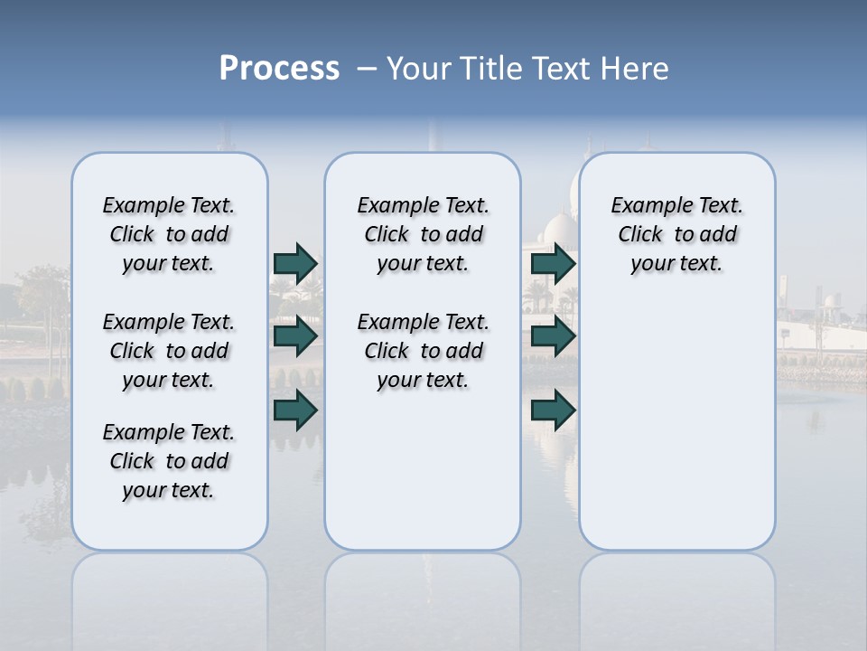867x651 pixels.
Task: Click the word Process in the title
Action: (279, 69)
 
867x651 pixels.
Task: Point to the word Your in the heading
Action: (420, 69)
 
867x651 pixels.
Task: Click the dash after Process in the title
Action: (366, 70)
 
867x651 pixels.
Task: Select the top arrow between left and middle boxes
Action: (295, 263)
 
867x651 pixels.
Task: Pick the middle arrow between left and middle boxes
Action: (295, 336)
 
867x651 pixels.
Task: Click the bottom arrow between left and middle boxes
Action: (295, 410)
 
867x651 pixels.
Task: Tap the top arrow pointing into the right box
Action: (553, 263)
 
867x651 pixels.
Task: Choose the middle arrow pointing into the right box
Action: (553, 336)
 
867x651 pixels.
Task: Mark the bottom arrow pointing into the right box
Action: (553, 410)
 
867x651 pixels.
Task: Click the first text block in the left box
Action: (169, 234)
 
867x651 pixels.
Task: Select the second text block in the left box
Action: (169, 351)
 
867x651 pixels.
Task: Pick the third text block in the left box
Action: (169, 461)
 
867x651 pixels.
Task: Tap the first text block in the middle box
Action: (423, 234)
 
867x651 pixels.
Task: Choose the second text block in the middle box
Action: (423, 351)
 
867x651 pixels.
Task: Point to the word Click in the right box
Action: (640, 235)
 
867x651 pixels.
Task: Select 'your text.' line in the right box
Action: (676, 264)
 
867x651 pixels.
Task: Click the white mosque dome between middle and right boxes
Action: (560, 231)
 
